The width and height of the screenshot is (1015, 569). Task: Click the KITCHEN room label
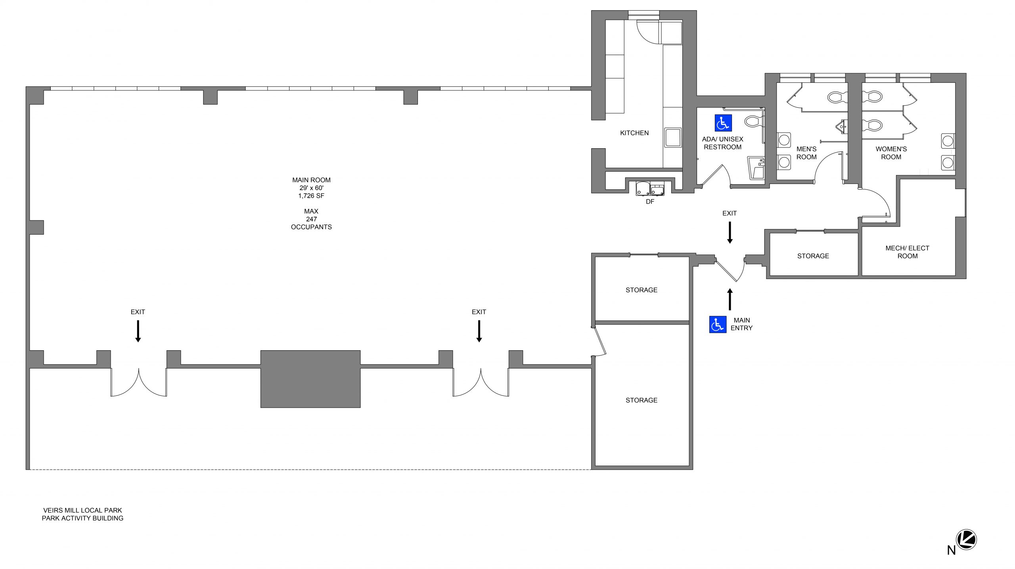(x=634, y=133)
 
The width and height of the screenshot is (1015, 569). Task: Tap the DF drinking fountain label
(x=650, y=202)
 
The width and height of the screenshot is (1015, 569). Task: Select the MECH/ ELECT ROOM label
(x=908, y=252)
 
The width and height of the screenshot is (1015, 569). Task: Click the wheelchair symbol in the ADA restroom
(x=723, y=123)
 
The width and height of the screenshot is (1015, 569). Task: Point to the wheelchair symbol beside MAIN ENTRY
(x=718, y=325)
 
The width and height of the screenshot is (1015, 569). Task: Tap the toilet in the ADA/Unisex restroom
(x=754, y=121)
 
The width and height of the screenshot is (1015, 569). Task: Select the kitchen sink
(x=673, y=137)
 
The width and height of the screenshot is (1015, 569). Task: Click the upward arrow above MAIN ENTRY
(x=730, y=299)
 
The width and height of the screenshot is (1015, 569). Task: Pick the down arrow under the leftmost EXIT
(x=138, y=331)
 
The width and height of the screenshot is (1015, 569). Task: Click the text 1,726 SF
(x=311, y=196)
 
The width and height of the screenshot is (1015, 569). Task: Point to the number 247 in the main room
(x=311, y=219)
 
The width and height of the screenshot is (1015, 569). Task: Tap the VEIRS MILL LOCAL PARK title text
(x=82, y=510)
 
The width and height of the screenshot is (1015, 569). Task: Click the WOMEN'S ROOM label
(x=891, y=153)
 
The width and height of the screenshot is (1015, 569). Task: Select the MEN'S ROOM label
(x=806, y=153)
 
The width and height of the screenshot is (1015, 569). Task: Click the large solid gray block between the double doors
(x=310, y=379)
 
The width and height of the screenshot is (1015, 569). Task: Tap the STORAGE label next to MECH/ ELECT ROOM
(x=813, y=256)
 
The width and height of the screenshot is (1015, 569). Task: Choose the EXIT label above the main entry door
(x=730, y=213)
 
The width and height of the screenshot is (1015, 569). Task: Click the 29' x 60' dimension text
(x=311, y=188)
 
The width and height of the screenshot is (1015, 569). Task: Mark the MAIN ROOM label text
(x=311, y=180)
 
